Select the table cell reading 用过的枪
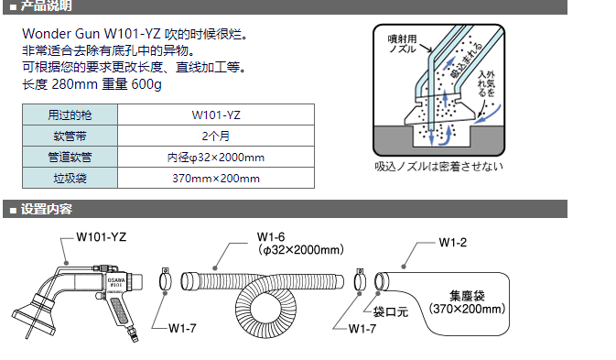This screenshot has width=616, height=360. [70, 115]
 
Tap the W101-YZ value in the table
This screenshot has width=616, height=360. [216, 115]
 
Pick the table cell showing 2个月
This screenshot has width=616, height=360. [216, 136]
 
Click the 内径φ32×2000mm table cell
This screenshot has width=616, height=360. [216, 158]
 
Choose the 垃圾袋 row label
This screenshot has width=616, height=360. [70, 178]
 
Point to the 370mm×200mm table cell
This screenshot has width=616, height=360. [216, 178]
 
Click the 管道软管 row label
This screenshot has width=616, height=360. [70, 158]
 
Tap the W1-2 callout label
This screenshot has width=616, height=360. [453, 243]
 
